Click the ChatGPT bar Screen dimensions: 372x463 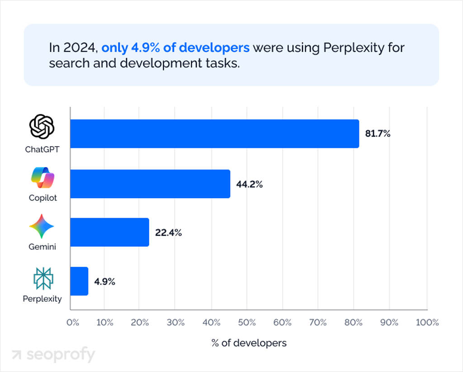point(215,134)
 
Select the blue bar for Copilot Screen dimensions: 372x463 point(150,184)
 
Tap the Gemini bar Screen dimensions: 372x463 point(109,232)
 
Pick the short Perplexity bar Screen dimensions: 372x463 point(79,281)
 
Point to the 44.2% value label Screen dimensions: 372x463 point(250,184)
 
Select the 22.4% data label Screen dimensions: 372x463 point(168,233)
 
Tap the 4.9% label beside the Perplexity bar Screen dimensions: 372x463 point(104,281)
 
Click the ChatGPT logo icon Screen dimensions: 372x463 point(42,127)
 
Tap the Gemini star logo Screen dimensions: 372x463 point(42,226)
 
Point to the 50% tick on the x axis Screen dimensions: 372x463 point(247,323)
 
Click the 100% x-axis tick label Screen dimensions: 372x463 point(427,323)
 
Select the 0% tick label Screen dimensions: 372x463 point(72,323)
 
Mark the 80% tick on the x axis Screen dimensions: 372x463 point(354,323)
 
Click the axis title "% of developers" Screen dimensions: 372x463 point(249,343)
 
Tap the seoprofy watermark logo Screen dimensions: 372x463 point(53,355)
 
